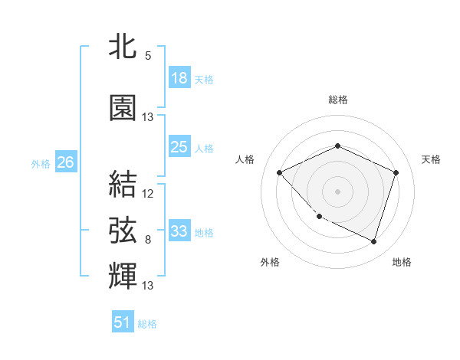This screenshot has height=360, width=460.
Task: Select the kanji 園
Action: tap(123, 108)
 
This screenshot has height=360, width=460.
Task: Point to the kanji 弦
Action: tap(123, 229)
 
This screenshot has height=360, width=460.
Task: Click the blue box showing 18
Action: tap(179, 78)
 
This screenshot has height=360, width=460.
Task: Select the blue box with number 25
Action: tap(179, 147)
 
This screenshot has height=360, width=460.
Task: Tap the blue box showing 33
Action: tap(179, 231)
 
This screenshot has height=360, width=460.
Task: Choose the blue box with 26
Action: tap(65, 162)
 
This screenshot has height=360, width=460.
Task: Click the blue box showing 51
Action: tap(123, 322)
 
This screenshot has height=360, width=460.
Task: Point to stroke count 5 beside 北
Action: tap(147, 56)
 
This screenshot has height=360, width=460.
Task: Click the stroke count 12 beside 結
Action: tap(148, 194)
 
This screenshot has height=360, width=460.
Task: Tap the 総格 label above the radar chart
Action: tap(337, 100)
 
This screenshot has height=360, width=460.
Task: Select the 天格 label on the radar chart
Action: tap(431, 159)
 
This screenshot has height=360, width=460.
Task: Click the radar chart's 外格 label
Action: tap(270, 262)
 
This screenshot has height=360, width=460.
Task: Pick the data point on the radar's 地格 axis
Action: tap(373, 241)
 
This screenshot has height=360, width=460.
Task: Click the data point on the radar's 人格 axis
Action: tap(280, 172)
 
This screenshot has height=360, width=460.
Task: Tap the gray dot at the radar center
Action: tap(337, 191)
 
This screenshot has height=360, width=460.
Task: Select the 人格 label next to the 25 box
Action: tap(204, 148)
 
